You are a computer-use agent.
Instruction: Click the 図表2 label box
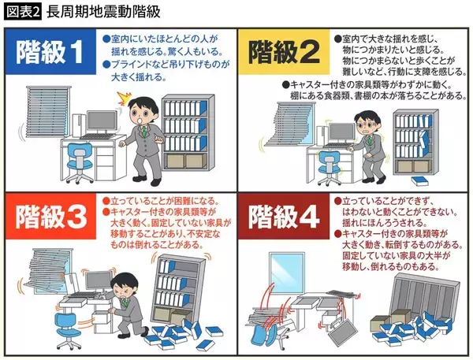tap(22, 13)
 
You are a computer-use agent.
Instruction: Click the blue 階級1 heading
tap(50, 51)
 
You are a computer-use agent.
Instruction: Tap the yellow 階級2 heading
tap(284, 51)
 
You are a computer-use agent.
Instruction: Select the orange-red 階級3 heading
tap(50, 216)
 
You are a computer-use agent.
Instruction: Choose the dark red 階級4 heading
tap(284, 216)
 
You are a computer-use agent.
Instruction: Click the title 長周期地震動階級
tap(103, 13)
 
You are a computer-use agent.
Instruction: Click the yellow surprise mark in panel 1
tap(125, 98)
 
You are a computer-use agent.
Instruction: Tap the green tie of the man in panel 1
tap(145, 132)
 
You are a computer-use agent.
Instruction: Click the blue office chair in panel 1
tap(79, 163)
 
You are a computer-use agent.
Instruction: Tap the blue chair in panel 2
tap(329, 167)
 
